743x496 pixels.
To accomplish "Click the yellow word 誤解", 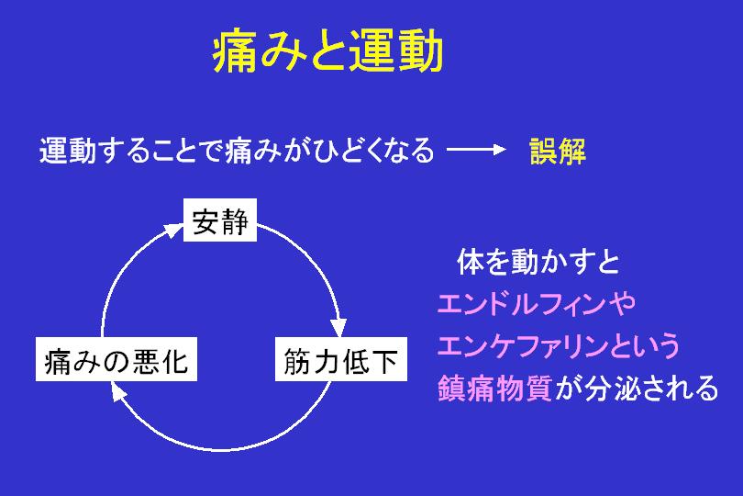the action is click(x=558, y=151).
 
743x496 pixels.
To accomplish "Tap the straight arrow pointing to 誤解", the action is click(x=476, y=150).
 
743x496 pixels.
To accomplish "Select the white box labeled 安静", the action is click(x=220, y=220).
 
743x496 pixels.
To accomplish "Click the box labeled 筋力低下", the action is click(x=340, y=359).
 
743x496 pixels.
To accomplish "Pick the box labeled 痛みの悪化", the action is click(x=116, y=359).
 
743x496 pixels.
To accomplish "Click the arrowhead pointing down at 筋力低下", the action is click(x=338, y=328).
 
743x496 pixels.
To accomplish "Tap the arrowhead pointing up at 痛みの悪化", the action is click(x=118, y=391).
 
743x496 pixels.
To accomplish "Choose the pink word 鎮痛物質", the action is click(x=494, y=389).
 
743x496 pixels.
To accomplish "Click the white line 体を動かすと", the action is click(x=538, y=262).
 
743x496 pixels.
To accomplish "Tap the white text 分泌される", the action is click(x=651, y=389).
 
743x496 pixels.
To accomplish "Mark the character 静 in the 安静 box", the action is click(x=235, y=220).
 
